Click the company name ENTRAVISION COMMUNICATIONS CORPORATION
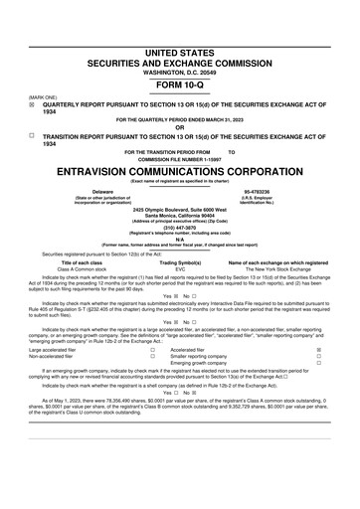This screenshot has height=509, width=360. point(179,170)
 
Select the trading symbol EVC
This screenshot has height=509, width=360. point(180,268)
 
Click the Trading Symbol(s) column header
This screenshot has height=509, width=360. point(180,261)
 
